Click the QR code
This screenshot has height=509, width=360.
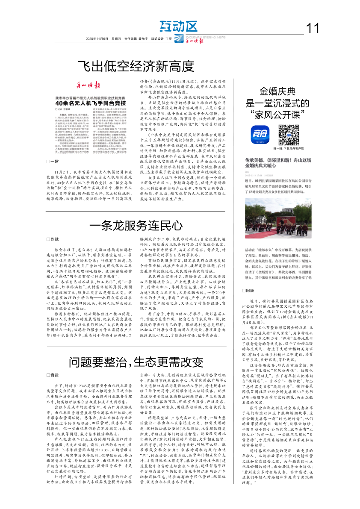288,135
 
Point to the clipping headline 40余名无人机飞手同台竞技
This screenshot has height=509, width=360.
83,103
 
